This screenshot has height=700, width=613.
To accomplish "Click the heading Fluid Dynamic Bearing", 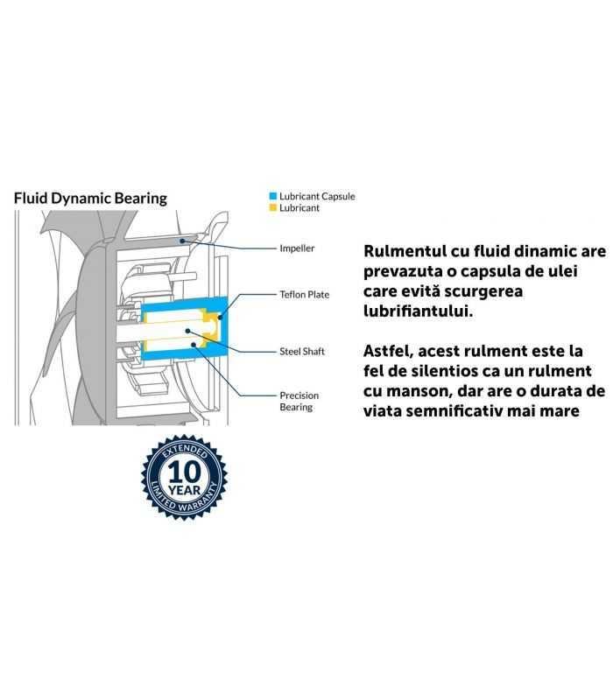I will coord(90,198).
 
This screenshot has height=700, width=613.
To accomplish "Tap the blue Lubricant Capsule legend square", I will coord(272,196).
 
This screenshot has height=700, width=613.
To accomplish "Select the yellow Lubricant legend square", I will coord(272,208).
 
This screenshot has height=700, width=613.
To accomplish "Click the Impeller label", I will coord(297,248).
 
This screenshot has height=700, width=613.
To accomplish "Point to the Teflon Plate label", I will coord(304,294).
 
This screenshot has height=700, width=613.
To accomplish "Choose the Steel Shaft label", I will coord(302,352).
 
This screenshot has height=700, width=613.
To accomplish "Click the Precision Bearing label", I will coord(299,402).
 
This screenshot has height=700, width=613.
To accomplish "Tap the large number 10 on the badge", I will coord(185,472).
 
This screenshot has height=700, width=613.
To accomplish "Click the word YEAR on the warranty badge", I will coord(185,491).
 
